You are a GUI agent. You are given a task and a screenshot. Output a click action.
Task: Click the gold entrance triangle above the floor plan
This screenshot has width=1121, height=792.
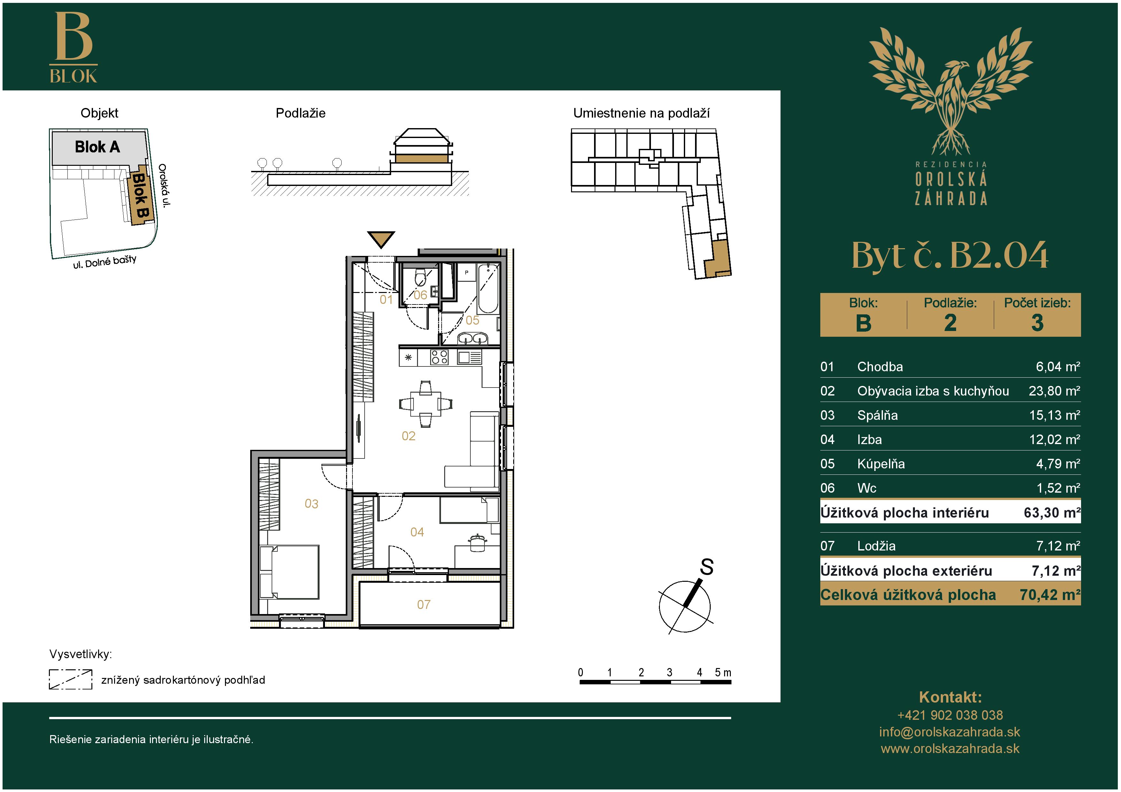[381, 239]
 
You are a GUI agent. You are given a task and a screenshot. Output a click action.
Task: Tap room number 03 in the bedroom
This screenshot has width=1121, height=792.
[312, 504]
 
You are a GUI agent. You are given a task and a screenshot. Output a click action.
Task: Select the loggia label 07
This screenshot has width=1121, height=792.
[424, 604]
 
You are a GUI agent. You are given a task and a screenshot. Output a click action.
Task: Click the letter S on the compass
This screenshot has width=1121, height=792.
[707, 567]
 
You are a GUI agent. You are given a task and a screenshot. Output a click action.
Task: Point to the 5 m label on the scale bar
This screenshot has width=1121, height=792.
[723, 673]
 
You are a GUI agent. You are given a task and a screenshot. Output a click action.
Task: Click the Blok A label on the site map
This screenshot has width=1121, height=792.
[97, 147]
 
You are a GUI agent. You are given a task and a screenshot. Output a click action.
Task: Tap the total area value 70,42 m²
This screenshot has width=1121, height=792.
[1050, 595]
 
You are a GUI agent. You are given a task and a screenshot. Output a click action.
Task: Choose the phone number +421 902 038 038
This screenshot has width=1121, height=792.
[950, 715]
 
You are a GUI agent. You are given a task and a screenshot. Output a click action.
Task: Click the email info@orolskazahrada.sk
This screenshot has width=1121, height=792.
[950, 732]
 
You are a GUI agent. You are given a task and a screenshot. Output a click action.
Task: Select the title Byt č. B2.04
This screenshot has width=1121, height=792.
[950, 255]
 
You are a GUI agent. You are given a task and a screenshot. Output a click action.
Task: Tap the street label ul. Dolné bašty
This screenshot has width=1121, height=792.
[104, 262]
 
